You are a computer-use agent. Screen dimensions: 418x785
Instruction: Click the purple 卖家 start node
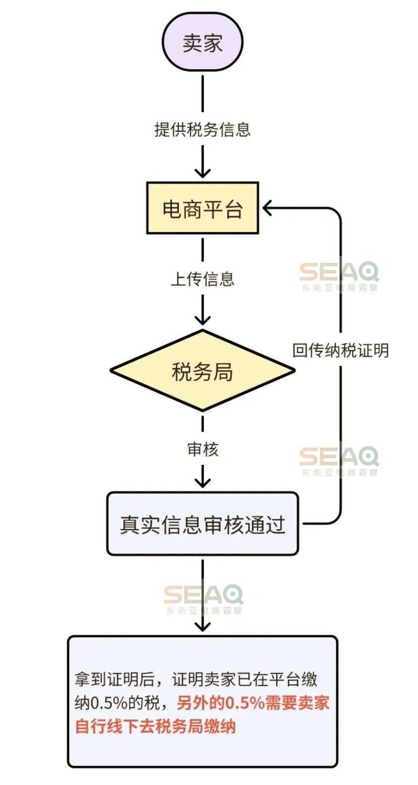pyautogui.click(x=203, y=42)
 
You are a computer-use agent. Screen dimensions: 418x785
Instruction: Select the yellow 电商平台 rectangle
pyautogui.click(x=203, y=208)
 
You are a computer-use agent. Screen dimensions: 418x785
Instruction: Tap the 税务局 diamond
pyautogui.click(x=203, y=371)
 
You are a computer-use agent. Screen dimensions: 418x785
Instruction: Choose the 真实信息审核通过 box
pyautogui.click(x=203, y=524)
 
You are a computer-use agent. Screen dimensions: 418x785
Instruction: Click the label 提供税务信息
pyautogui.click(x=203, y=129)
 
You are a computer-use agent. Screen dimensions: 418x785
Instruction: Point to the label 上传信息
pyautogui.click(x=203, y=279)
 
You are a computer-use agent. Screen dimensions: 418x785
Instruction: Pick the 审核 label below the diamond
pyautogui.click(x=203, y=449)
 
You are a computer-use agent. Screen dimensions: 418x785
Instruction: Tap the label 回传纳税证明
pyautogui.click(x=340, y=350)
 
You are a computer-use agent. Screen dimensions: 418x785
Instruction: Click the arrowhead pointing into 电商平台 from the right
pyautogui.click(x=267, y=208)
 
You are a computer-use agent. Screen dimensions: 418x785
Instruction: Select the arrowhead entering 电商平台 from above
pyautogui.click(x=203, y=173)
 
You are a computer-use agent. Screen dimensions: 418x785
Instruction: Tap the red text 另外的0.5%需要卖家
pyautogui.click(x=253, y=703)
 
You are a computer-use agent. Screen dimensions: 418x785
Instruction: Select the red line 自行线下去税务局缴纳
pyautogui.click(x=156, y=726)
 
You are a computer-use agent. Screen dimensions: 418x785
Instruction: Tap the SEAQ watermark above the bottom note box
pyautogui.click(x=203, y=600)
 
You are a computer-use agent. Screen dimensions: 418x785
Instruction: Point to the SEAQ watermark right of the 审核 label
pyautogui.click(x=339, y=461)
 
